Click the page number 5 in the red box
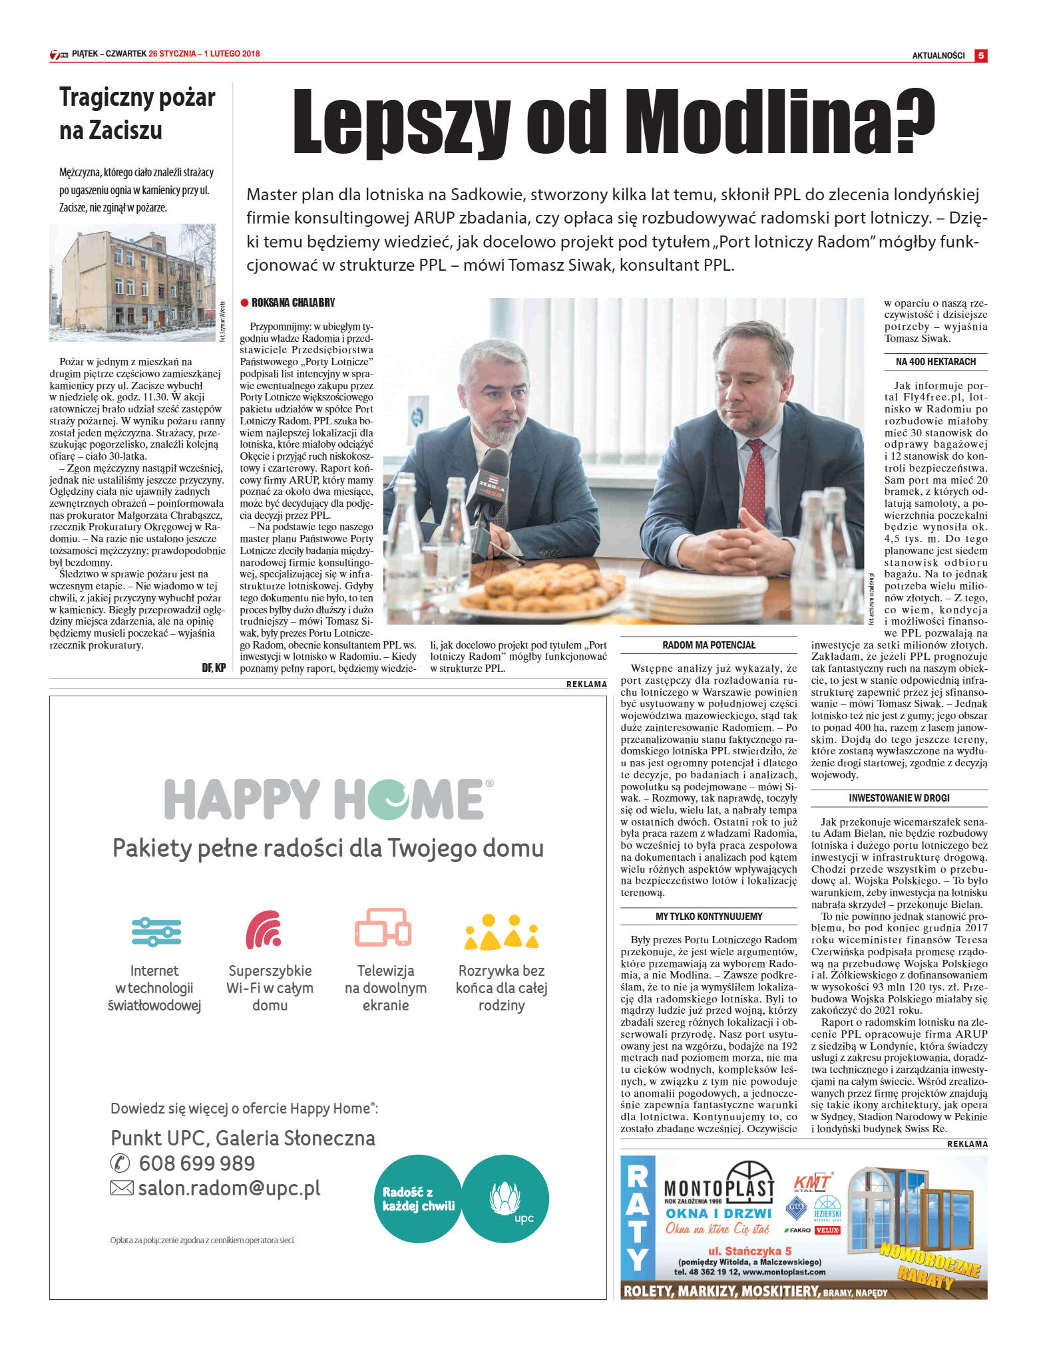[x=980, y=55]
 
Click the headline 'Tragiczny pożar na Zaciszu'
[x=137, y=113]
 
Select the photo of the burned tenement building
[x=132, y=283]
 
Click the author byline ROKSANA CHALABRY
[x=293, y=303]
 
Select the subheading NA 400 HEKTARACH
[x=935, y=362]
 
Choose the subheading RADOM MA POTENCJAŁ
[x=708, y=645]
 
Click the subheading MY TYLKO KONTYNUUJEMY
[x=708, y=917]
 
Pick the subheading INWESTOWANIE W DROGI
[x=899, y=798]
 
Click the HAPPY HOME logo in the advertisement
[x=328, y=800]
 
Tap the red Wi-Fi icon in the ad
[x=264, y=929]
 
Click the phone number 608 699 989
[x=196, y=1163]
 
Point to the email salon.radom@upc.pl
[x=228, y=1188]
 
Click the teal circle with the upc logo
[x=505, y=1198]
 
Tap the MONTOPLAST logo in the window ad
[x=719, y=1186]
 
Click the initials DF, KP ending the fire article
[x=213, y=667]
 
